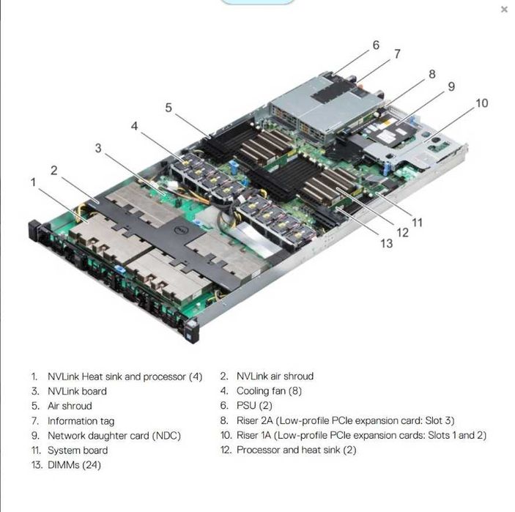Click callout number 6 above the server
[x=376, y=45]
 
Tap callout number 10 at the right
[x=481, y=103]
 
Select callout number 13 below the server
[x=386, y=243]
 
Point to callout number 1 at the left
[x=33, y=181]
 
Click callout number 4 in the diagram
[x=134, y=126]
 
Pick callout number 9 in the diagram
[x=451, y=86]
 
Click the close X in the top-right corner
[x=504, y=10]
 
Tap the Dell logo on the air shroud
[x=175, y=230]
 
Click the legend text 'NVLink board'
[x=77, y=391]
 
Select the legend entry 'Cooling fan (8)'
[x=269, y=391]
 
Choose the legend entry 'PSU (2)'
[x=254, y=406]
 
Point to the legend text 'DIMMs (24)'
[x=74, y=465]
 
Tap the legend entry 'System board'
[x=78, y=450]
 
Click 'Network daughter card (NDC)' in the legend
[x=114, y=436]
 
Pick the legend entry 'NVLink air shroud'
[x=275, y=376]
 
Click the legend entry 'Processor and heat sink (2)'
[x=296, y=450]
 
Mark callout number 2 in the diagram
[x=54, y=170]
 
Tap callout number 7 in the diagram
[x=397, y=54]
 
